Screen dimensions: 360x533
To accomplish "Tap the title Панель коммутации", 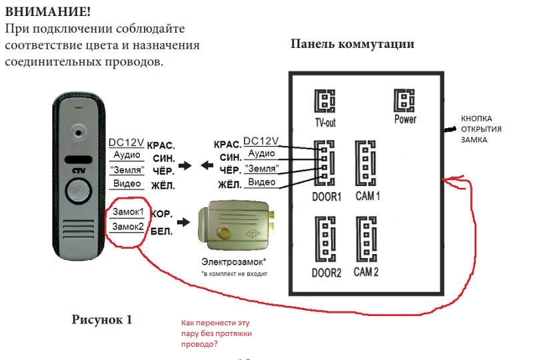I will click(352, 44).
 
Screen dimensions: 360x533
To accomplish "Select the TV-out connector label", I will click(326, 123).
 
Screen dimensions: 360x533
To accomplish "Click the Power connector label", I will click(405, 119).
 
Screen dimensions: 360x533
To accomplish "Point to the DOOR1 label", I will click(326, 197).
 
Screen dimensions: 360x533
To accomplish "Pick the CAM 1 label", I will click(367, 197).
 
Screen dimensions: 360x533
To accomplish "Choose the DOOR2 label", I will click(326, 273).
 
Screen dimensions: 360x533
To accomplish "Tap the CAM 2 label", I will click(366, 272).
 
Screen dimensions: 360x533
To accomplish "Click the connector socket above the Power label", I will click(404, 101).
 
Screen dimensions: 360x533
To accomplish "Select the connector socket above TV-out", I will click(324, 102).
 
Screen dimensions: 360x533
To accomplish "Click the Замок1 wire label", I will click(128, 211).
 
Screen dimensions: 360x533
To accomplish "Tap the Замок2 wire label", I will click(128, 227).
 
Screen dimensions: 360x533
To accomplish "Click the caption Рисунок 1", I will click(102, 319).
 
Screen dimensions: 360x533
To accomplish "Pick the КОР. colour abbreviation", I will click(163, 215).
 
